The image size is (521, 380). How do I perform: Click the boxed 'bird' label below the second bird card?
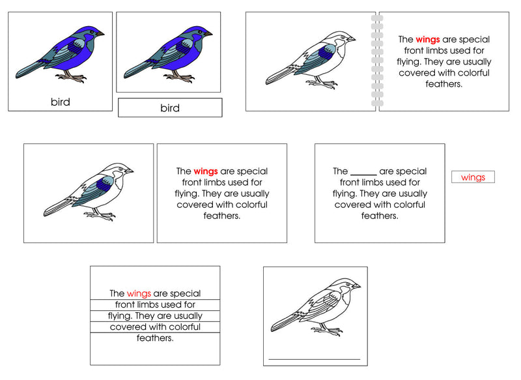pos(169,108)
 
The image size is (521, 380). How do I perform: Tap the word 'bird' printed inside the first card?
pos(60,102)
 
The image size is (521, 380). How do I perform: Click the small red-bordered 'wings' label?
pos(473,177)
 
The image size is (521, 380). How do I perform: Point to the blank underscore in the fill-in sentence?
pos(363,172)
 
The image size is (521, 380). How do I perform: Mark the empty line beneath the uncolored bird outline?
pos(314,358)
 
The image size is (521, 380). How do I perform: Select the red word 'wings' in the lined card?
pos(139,293)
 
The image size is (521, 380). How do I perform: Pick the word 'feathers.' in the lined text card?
pos(154,338)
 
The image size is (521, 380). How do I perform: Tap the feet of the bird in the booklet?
pos(324,83)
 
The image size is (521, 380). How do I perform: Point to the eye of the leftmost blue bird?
pos(93,31)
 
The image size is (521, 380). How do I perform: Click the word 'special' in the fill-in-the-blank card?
pos(411,171)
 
